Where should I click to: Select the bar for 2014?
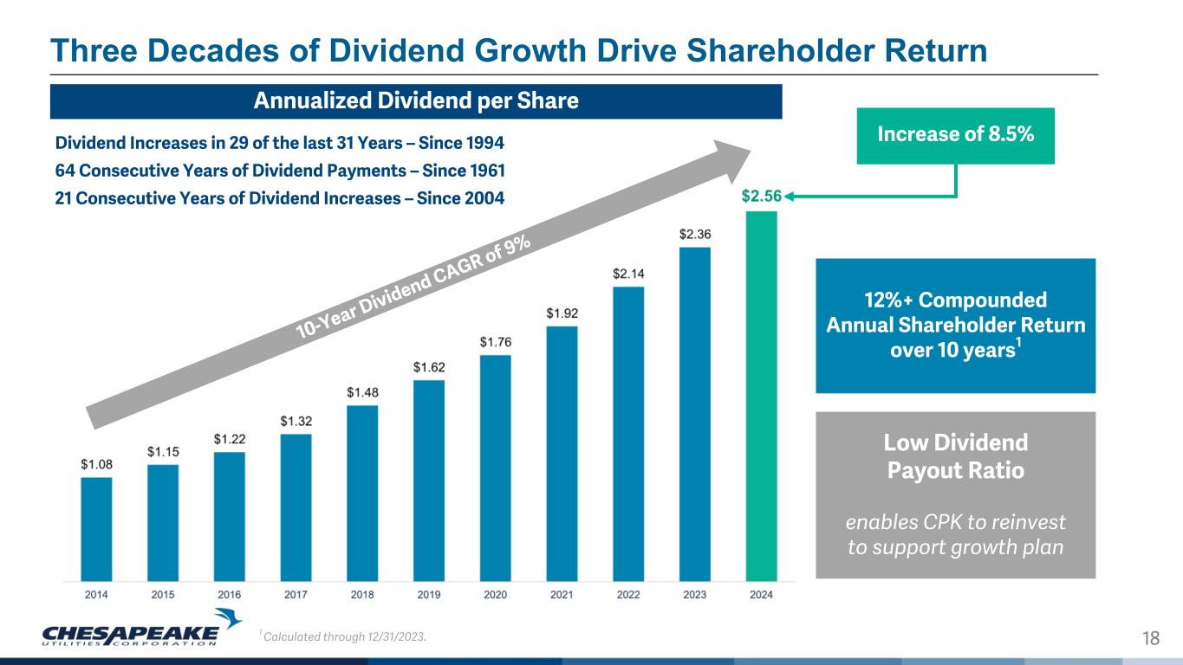coord(96,528)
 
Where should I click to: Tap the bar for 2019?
coord(429,480)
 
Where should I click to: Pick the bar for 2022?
coord(628,433)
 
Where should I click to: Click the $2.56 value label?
coord(762,197)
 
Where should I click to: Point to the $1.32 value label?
coord(296,422)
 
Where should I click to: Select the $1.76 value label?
coord(496,342)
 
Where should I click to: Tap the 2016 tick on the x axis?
coord(229,595)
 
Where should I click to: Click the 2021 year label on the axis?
coord(562,595)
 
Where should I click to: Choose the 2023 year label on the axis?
coord(694,595)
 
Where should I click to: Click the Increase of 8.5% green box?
coord(955,135)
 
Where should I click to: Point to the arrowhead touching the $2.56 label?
coord(791,197)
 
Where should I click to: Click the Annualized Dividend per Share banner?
coord(416,101)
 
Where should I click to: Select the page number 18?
coord(1151,639)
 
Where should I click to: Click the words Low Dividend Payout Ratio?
coord(955,456)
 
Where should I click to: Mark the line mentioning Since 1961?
coord(280,169)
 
